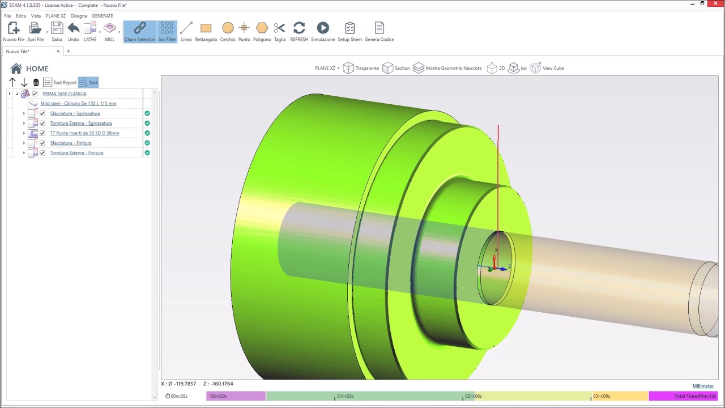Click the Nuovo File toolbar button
point(14,32)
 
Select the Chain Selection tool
point(139,32)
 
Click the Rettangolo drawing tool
point(206,32)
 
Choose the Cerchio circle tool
point(228,32)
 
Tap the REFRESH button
point(299,32)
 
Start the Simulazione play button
point(323,32)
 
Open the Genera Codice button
point(379,32)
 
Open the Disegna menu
point(79,16)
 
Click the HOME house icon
point(16,69)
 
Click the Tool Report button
point(59,83)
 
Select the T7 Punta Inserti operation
point(84,133)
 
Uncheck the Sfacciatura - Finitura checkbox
point(42,143)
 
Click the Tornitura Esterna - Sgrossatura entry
point(80,123)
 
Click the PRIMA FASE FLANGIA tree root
point(64,93)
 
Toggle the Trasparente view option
point(361,68)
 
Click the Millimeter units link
point(703,386)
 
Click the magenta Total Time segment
point(683,396)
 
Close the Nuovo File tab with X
point(58,52)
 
